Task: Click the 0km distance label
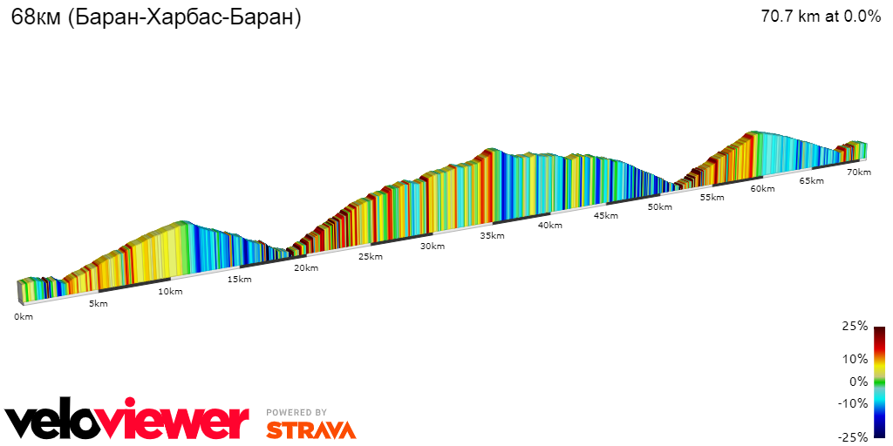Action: (x=23, y=317)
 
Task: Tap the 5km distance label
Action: (x=99, y=304)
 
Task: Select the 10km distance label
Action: (x=170, y=292)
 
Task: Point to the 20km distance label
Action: (x=306, y=268)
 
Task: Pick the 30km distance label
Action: (x=433, y=247)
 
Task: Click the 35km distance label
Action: (x=492, y=236)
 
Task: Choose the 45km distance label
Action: (x=606, y=216)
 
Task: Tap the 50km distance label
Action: (x=660, y=207)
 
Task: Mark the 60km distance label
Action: (x=763, y=189)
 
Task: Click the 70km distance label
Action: (x=859, y=172)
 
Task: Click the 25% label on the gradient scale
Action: (x=855, y=327)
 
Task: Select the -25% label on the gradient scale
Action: (x=853, y=437)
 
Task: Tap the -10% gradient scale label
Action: (x=853, y=403)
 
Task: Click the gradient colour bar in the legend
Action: (x=880, y=382)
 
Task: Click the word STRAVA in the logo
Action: (x=310, y=430)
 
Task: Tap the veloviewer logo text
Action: (x=127, y=422)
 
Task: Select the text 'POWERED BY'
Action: (x=297, y=413)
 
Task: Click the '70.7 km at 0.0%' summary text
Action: (x=821, y=17)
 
